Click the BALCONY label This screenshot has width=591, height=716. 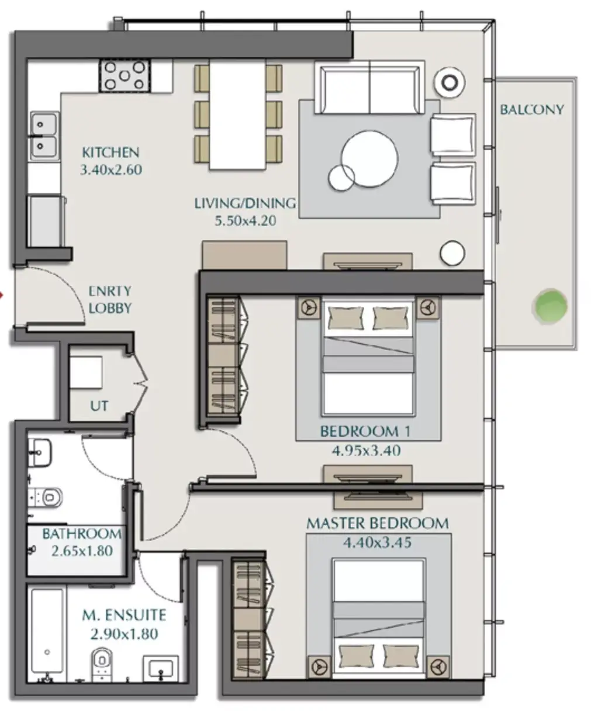pyautogui.click(x=531, y=109)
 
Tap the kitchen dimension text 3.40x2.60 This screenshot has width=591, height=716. pyautogui.click(x=111, y=170)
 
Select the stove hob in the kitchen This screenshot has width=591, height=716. pyautogui.click(x=125, y=75)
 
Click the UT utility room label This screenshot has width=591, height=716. pyautogui.click(x=99, y=406)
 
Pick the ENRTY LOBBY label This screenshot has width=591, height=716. pyautogui.click(x=110, y=299)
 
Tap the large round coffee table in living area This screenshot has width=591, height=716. pyautogui.click(x=369, y=159)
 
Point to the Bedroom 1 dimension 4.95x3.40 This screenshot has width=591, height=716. pyautogui.click(x=366, y=450)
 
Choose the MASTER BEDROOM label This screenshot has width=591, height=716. pyautogui.click(x=377, y=523)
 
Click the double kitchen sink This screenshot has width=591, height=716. pyautogui.click(x=44, y=136)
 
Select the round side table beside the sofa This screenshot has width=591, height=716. pyautogui.click(x=450, y=82)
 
